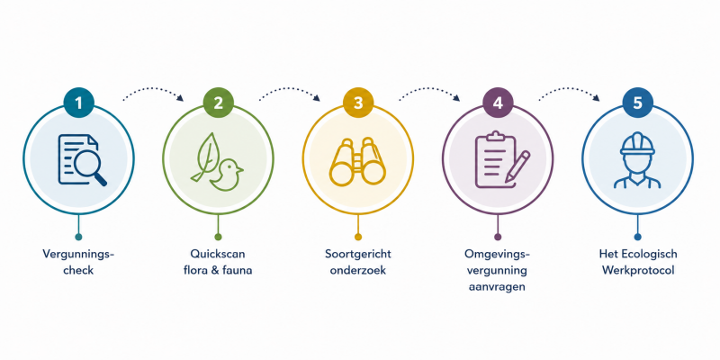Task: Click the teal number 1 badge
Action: point(78,103)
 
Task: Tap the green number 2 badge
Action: point(218,103)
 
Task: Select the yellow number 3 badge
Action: point(358,103)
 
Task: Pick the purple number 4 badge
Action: point(498,103)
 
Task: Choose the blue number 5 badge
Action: point(637,103)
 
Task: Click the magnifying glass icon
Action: point(90,167)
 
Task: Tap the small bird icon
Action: point(226,175)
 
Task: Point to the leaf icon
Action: point(204,156)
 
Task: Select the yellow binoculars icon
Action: point(357,162)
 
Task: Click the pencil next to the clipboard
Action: point(517,166)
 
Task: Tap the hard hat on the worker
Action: point(637,144)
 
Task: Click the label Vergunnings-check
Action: point(78,262)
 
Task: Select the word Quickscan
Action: point(218,254)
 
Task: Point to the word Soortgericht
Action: point(358,254)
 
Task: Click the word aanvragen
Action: point(498,287)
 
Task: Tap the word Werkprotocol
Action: point(638,271)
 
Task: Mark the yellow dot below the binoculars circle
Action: point(358,237)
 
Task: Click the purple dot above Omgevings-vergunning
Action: point(498,237)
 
